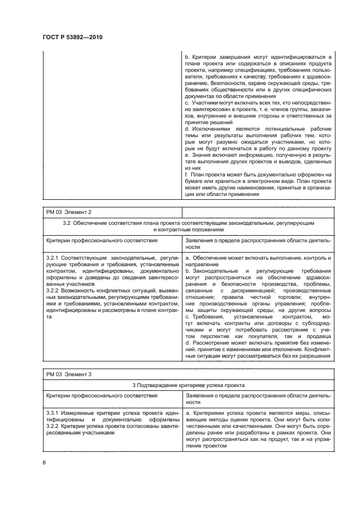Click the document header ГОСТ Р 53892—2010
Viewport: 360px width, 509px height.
[x=72, y=36]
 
